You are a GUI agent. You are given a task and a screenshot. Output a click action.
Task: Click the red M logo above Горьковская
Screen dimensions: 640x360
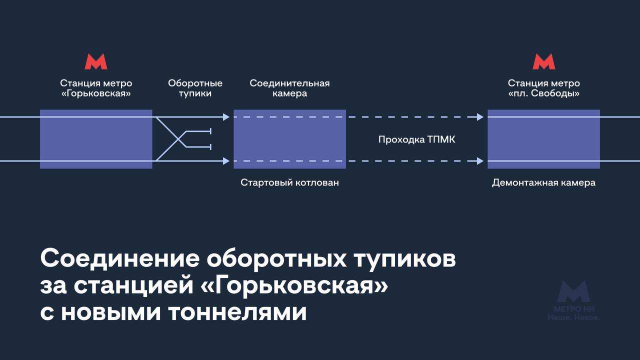[x=96, y=61]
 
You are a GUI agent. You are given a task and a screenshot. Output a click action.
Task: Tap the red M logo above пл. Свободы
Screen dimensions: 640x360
[x=544, y=61]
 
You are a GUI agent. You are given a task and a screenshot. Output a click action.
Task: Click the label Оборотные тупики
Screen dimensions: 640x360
[x=195, y=88]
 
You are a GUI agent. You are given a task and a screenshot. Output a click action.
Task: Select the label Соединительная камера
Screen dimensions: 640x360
[x=289, y=88]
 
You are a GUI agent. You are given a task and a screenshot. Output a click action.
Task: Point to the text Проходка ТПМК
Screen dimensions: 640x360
[x=417, y=139]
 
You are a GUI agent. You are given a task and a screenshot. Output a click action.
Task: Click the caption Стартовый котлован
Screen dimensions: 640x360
[x=289, y=182]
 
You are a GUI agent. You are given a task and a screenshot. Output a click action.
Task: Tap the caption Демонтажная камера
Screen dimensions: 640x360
[x=543, y=182]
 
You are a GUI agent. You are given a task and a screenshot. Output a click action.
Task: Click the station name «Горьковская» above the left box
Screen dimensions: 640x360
[x=96, y=93]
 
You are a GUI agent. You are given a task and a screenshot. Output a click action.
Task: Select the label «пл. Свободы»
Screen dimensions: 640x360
[x=544, y=93]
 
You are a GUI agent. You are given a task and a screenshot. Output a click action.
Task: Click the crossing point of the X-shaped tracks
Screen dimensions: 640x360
[x=178, y=139]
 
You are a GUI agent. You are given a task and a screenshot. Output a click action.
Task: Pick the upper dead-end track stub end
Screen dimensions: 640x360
[x=210, y=131]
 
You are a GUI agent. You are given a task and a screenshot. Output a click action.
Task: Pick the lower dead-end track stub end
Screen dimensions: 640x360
[x=210, y=147]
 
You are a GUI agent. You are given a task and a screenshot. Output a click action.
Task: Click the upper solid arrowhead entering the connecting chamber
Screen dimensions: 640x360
[x=226, y=117]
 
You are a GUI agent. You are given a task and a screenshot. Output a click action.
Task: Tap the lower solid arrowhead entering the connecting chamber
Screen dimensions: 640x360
[x=226, y=161]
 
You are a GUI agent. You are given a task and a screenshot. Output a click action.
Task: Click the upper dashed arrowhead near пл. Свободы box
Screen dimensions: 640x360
[x=480, y=117]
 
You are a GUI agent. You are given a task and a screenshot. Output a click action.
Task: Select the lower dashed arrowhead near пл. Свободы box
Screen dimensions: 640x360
[x=480, y=161]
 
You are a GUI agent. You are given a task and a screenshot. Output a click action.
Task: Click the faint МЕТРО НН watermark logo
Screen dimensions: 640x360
[x=573, y=300]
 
